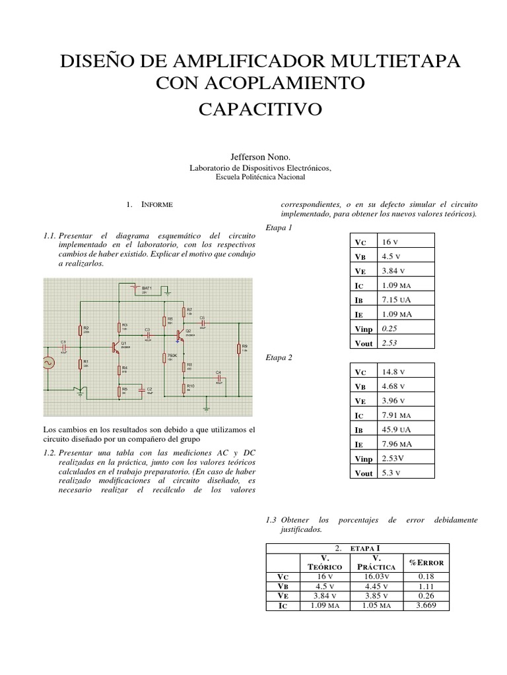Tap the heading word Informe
tap(157, 205)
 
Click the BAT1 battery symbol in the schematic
tap(135, 289)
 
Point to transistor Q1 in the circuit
tap(117, 345)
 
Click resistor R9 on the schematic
tap(238, 350)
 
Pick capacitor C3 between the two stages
tap(148, 334)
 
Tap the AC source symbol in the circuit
tap(48, 362)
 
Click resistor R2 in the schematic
tap(81, 330)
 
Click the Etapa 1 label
tap(277, 227)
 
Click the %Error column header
tap(426, 562)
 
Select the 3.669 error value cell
tap(426, 605)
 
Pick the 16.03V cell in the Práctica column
tap(375, 575)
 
